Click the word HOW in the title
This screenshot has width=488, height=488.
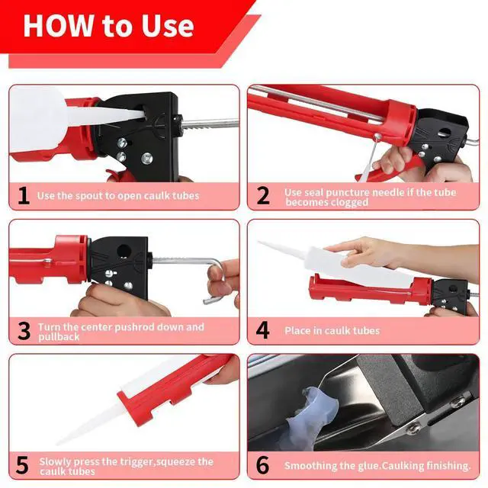coord(58,25)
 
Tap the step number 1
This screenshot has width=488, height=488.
coord(24,196)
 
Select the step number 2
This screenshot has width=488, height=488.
coord(263,196)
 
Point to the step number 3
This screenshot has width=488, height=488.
coord(24,331)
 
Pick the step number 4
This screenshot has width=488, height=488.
coord(262,330)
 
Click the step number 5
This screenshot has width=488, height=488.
coord(22,466)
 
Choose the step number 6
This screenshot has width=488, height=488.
coord(262,466)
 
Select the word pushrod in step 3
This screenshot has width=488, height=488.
coord(134,327)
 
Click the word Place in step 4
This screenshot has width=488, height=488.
coord(297,330)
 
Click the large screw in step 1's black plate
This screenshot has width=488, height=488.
coord(146,159)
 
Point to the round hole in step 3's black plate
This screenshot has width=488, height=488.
coord(124,251)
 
